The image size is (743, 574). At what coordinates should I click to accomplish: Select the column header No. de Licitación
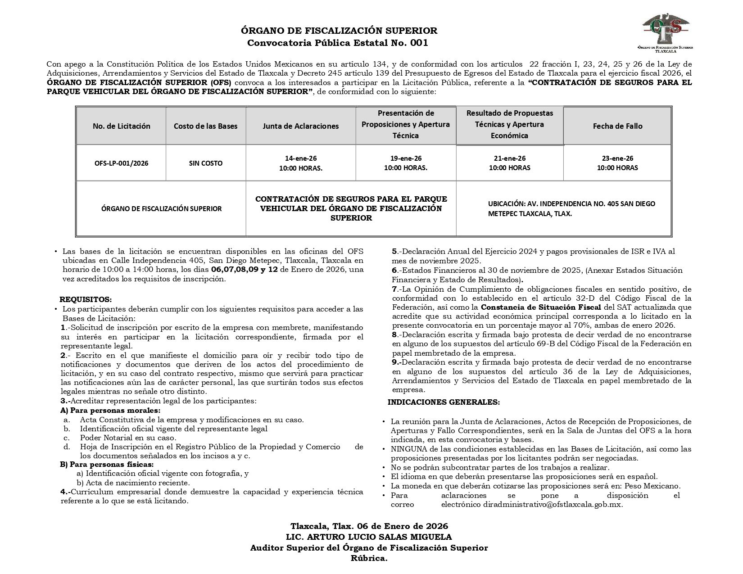(x=121, y=126)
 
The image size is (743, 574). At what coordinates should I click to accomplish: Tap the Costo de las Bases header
(x=206, y=126)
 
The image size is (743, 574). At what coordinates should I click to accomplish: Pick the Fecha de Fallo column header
(x=617, y=126)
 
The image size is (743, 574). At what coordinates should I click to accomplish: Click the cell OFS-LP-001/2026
(x=121, y=163)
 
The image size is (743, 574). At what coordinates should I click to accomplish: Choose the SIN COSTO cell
(x=206, y=163)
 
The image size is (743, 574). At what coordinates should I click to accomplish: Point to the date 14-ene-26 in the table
(x=300, y=158)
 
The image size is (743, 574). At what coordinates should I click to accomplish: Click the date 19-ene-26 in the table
(x=406, y=158)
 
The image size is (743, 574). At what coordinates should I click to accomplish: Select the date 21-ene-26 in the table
(x=510, y=158)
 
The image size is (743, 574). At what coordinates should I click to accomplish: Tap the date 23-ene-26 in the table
(x=617, y=158)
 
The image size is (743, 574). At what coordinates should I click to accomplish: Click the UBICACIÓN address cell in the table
(x=571, y=208)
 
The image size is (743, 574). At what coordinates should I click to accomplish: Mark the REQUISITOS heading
(x=86, y=299)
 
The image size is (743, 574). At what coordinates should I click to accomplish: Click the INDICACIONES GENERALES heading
(x=444, y=402)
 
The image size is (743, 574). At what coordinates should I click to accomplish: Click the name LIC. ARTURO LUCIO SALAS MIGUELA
(x=369, y=537)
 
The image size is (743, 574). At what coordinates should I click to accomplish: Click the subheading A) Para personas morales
(x=110, y=411)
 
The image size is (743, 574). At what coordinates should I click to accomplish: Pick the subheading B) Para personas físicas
(x=107, y=464)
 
